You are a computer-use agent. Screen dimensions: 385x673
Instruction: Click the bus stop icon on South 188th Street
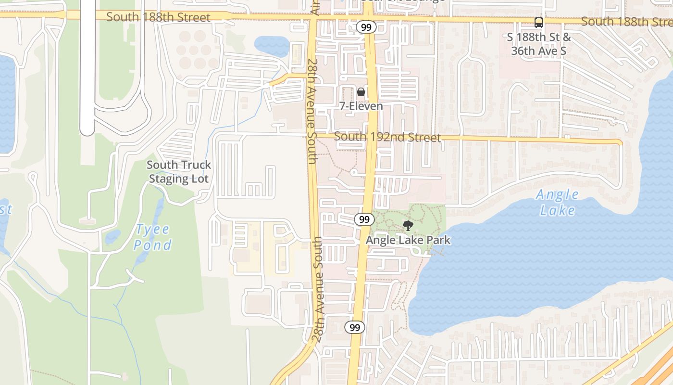point(539,22)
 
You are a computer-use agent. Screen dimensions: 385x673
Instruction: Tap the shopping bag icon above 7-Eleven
point(361,91)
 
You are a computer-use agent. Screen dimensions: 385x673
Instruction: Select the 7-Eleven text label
point(361,106)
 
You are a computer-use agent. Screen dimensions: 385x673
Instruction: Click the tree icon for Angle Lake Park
point(408,225)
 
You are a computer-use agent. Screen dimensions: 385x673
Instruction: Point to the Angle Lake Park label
point(408,240)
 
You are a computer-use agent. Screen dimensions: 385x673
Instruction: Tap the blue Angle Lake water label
point(557,203)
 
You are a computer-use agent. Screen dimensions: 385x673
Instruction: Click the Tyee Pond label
point(152,237)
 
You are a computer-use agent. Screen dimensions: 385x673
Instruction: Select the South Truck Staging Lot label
point(179,172)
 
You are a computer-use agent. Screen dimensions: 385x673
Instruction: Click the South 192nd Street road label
point(387,137)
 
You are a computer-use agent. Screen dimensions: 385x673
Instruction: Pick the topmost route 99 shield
point(366,27)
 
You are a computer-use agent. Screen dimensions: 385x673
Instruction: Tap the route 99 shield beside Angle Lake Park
point(364,219)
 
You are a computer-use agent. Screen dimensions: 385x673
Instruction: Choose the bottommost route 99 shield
point(355,328)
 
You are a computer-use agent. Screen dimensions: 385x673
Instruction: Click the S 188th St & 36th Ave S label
point(539,44)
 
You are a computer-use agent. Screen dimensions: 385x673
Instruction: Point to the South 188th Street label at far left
point(158,17)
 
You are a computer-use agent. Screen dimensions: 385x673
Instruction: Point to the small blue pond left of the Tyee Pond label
point(113,236)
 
